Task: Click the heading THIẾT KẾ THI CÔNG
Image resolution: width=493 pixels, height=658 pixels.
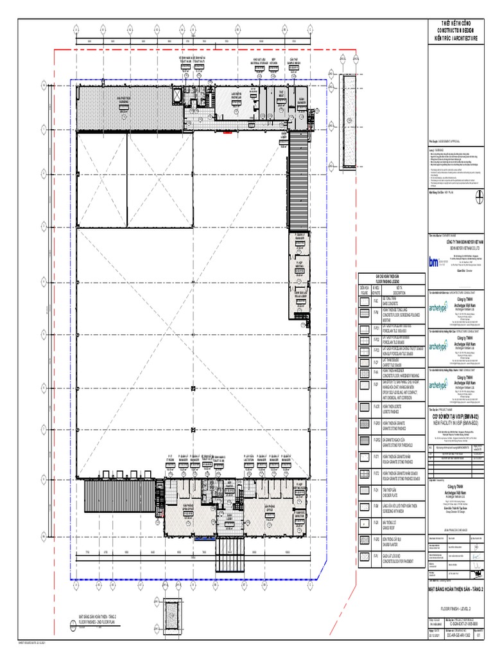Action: (458, 23)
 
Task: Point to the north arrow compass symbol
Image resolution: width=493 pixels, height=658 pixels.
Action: (478, 197)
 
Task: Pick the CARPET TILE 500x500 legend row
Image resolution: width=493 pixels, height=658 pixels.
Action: (392, 364)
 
